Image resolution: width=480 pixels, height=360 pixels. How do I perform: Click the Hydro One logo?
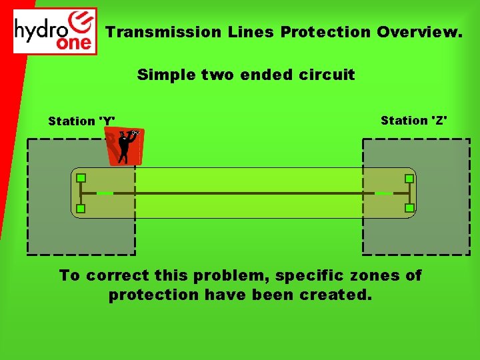point(55,31)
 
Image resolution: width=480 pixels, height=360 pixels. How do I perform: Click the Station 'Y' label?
point(81,121)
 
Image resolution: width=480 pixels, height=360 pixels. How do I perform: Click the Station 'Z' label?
point(414,121)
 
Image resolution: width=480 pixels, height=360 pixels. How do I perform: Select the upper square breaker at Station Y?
point(81,178)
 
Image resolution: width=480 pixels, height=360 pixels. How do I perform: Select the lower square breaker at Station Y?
point(81,209)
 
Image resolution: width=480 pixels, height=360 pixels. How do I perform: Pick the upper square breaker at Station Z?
point(409,179)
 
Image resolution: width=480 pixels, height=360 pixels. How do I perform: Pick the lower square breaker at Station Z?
point(409,208)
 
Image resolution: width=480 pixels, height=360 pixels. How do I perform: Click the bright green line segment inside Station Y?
point(105,193)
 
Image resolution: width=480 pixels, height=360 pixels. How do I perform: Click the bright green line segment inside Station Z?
point(384,193)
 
